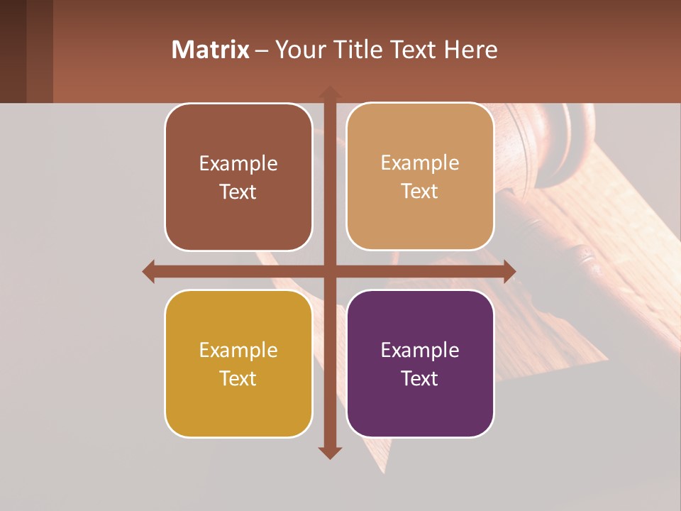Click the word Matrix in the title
(211, 50)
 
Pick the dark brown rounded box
(238, 177)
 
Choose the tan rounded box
(420, 177)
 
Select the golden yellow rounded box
(238, 363)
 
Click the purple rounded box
(420, 363)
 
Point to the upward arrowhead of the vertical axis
(330, 92)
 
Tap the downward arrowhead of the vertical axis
(330, 452)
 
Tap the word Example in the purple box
(420, 350)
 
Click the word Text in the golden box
(238, 378)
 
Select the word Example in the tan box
(420, 163)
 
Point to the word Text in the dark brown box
(238, 192)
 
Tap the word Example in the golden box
(238, 350)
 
